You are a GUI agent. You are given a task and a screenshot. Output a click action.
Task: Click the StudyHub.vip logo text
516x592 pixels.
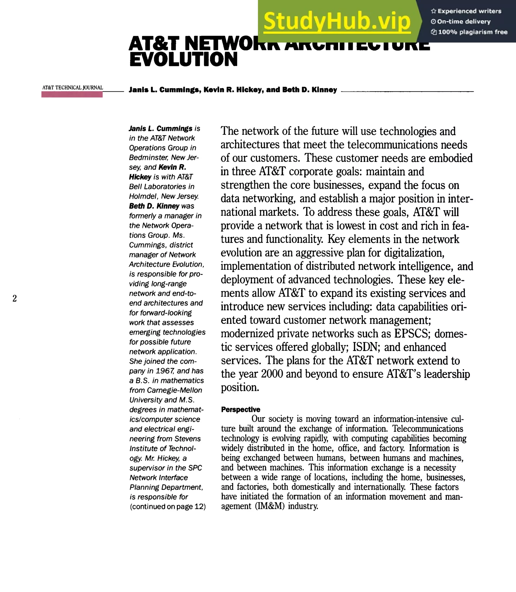point(337,22)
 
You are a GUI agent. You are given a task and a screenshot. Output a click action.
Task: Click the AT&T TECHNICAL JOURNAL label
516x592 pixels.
point(73,87)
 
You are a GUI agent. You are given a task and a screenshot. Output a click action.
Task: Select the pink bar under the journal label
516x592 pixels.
point(72,95)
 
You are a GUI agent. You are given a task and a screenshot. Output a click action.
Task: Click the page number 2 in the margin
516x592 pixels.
point(15,298)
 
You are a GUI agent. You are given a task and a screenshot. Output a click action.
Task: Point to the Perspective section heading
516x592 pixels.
point(240,409)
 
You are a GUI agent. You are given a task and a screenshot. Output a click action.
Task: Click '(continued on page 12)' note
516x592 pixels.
point(168,507)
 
